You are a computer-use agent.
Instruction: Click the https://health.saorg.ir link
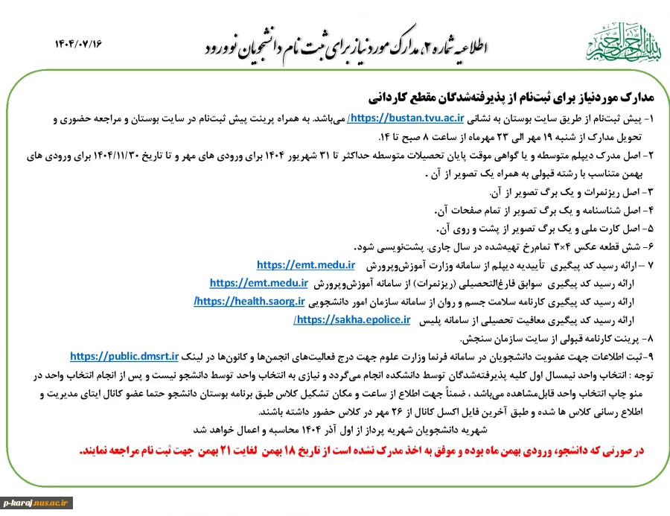251,301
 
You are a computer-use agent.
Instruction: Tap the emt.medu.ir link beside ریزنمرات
259,283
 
